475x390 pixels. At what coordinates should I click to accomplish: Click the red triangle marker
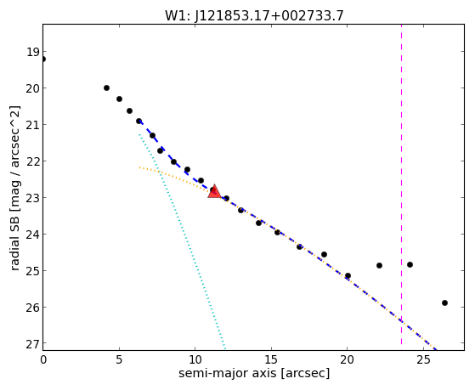(x=214, y=191)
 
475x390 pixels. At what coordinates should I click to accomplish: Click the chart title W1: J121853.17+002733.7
(x=254, y=15)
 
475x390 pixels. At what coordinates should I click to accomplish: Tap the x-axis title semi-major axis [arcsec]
(x=254, y=373)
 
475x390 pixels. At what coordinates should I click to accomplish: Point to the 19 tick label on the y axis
(x=32, y=52)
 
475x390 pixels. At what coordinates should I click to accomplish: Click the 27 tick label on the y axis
(x=32, y=344)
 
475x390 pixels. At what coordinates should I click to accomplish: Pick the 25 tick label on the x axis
(x=423, y=360)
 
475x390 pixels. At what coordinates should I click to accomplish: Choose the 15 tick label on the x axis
(x=271, y=360)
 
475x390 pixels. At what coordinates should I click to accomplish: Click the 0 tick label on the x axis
(x=43, y=360)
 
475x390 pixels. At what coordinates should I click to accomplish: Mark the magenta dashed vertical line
(x=401, y=184)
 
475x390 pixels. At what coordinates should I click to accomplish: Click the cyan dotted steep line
(x=182, y=241)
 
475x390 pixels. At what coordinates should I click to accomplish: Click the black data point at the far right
(x=444, y=302)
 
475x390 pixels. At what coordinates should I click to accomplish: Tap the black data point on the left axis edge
(x=43, y=59)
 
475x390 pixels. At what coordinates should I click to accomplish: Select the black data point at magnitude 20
(x=106, y=88)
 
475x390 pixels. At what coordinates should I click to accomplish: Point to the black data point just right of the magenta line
(x=410, y=264)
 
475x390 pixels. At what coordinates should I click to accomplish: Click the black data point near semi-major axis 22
(x=379, y=265)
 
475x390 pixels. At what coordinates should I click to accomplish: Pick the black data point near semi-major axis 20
(x=348, y=275)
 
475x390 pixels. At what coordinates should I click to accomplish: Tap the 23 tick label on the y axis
(x=32, y=198)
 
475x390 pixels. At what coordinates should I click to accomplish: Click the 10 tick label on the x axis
(x=195, y=360)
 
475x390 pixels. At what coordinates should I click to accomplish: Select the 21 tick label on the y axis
(x=32, y=125)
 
